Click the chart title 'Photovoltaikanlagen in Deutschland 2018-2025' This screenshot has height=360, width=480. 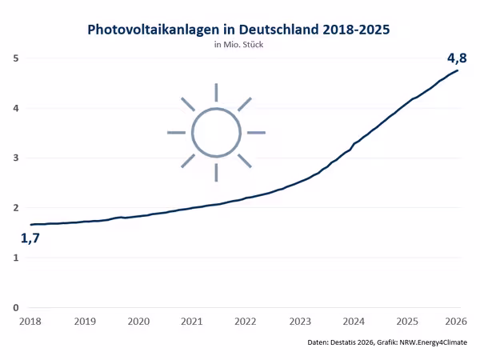pos(239,30)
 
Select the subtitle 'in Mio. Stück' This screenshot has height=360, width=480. pos(239,45)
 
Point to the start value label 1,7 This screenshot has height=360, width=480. pos(30,238)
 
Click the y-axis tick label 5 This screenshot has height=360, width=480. pos(16,58)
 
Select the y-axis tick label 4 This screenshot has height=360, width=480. pos(16,108)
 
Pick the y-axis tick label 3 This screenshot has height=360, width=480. pos(16,158)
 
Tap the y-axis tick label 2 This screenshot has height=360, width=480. pos(16,208)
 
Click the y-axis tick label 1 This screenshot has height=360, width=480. pos(16,258)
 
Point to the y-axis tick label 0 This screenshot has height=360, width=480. pos(16,307)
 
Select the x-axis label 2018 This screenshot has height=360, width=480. pos(31,322)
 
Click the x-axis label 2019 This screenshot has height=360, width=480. pos(85,322)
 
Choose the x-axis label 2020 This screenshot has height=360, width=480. pos(138,322)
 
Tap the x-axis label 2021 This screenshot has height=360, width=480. pos(192,322)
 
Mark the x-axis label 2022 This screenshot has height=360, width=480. pos(245,322)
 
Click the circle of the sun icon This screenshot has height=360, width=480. pos(216,132)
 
